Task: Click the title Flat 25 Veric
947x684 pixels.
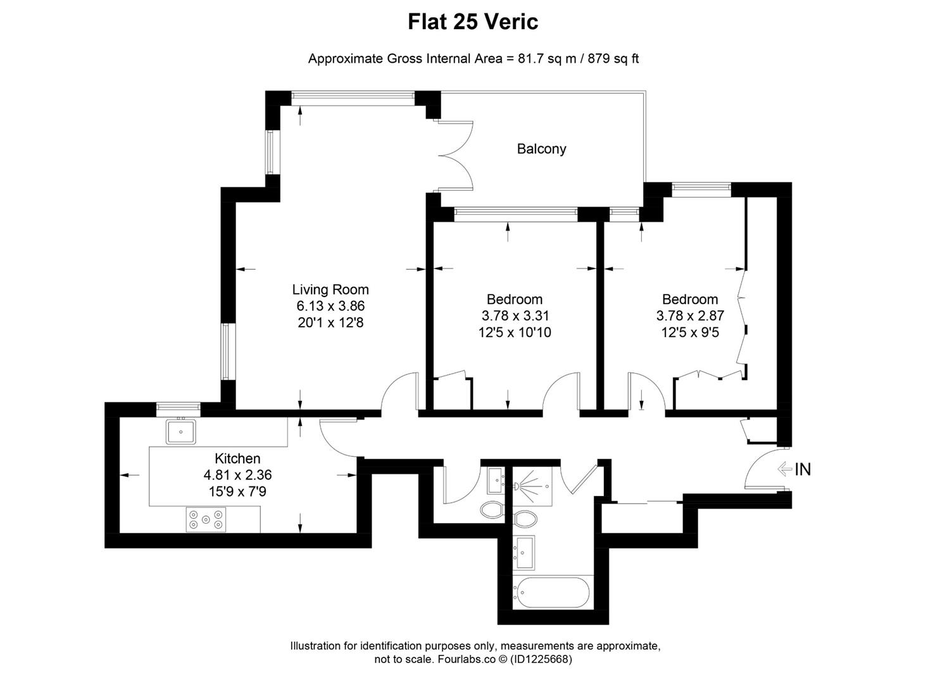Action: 473,22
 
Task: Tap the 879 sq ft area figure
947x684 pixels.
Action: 613,59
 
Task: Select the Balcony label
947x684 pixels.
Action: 541,149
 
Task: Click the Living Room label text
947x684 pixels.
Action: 330,289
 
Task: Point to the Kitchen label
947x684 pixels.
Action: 237,459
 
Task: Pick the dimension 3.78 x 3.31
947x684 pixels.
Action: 515,315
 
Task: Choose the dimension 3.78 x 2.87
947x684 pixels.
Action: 690,315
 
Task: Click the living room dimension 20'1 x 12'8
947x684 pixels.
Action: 330,322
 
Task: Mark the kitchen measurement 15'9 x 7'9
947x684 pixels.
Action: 237,491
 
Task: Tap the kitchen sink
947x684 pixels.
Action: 181,432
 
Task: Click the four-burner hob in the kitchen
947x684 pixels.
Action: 206,520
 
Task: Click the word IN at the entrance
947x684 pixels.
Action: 802,469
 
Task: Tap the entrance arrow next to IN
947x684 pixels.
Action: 784,469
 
